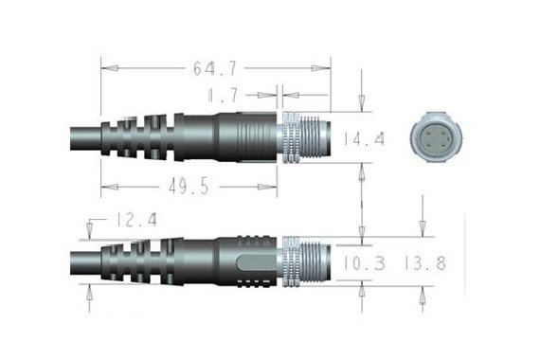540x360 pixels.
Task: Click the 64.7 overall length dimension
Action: coord(215,69)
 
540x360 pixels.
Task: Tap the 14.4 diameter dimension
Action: coord(365,138)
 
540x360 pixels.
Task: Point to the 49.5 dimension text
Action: coord(189,186)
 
